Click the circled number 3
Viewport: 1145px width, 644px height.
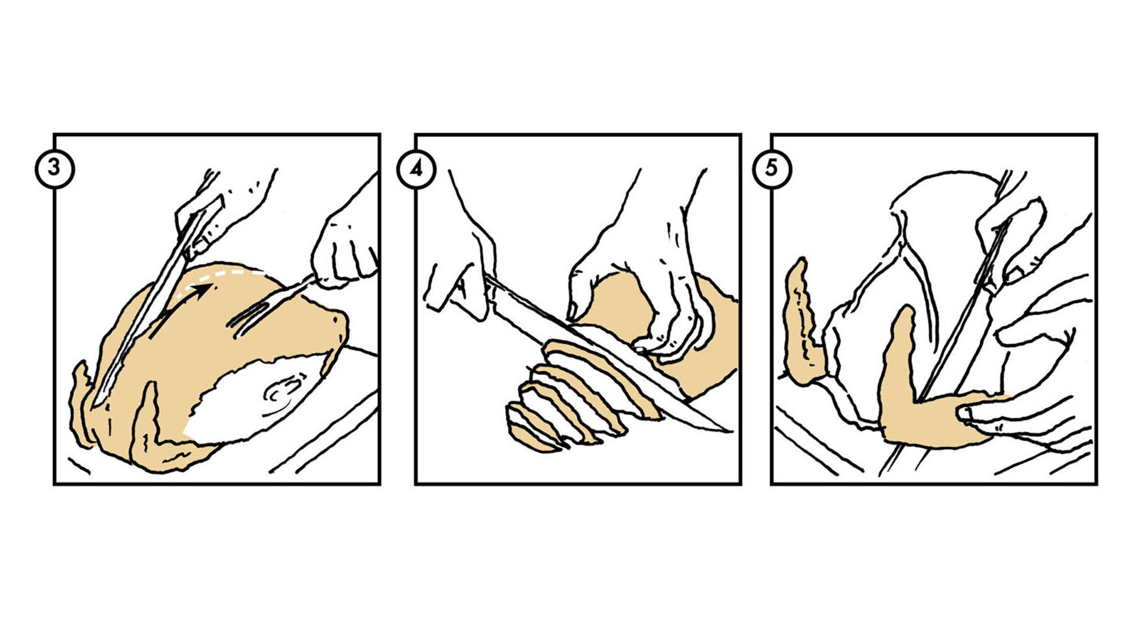tap(54, 168)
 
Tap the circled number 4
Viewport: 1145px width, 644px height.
tap(416, 169)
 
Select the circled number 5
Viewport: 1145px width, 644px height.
tap(772, 168)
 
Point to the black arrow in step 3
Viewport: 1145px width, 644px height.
tap(182, 309)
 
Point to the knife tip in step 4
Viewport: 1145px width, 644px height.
tap(731, 430)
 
